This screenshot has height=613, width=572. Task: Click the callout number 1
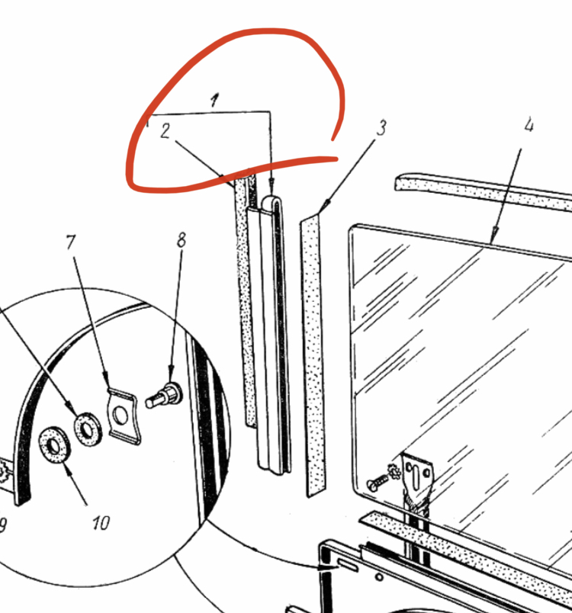(x=214, y=100)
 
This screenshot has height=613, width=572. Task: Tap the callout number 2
(x=165, y=131)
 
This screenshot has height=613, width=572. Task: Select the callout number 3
(x=381, y=128)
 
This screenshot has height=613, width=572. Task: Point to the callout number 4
(x=529, y=125)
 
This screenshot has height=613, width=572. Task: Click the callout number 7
(x=71, y=242)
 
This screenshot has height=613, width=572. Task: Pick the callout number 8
(x=181, y=239)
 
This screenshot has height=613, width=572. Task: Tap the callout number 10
(x=101, y=523)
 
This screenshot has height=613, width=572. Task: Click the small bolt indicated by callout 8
(x=164, y=396)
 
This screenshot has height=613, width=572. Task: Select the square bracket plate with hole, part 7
(x=123, y=416)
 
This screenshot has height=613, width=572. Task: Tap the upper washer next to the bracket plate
(x=88, y=429)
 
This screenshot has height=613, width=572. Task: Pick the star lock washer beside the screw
(x=394, y=472)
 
